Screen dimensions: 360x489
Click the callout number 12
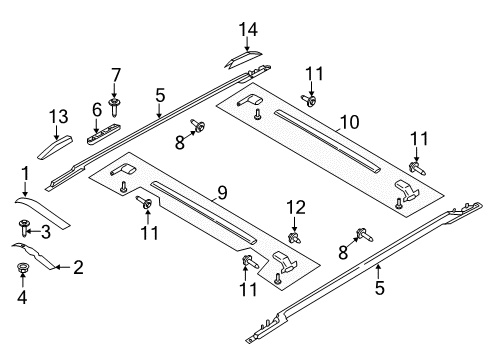tap(295, 206)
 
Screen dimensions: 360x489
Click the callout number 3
tap(46, 232)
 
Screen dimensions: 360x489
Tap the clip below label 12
tap(295, 239)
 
